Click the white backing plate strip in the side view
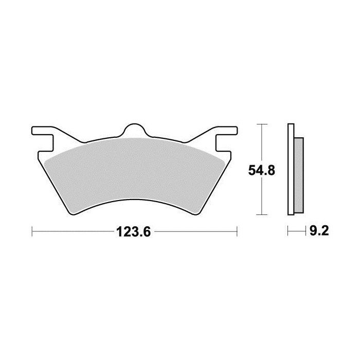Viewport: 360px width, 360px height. (291, 170)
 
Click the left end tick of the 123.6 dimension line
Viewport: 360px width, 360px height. (32, 232)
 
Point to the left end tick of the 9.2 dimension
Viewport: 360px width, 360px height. (288, 232)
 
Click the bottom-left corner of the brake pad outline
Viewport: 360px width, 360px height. (70, 213)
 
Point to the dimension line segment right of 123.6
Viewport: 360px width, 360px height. (195, 232)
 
